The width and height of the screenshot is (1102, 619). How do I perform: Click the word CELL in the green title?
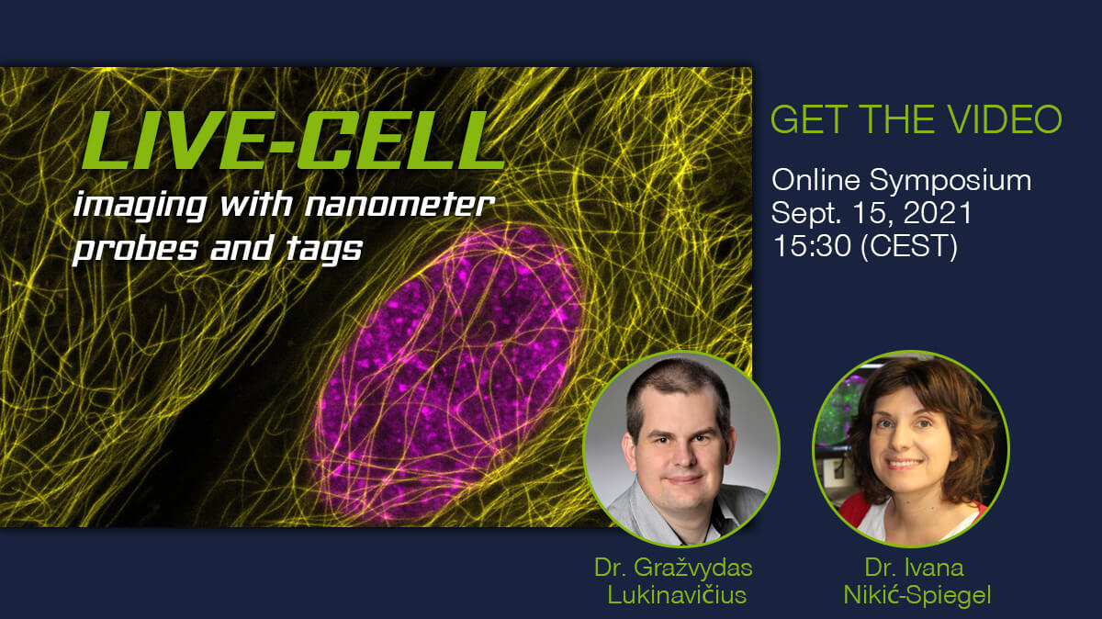point(401,141)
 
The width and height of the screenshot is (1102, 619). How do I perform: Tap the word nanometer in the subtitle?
point(399,204)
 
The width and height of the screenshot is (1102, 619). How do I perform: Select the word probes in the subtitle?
point(135,250)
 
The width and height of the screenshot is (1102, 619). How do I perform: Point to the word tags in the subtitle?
point(324,250)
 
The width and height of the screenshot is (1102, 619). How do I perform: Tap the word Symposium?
point(950,182)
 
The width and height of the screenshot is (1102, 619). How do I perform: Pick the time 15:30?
point(812,245)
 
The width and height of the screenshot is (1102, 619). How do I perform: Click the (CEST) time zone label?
point(909,246)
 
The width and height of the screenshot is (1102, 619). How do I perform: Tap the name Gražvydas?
point(692,568)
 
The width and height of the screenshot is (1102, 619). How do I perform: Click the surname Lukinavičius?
point(677,595)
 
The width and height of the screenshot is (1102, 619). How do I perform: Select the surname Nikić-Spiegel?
point(917,596)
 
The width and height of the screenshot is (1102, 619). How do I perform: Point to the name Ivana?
point(935,568)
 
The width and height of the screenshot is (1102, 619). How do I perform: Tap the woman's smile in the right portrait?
point(903,464)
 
